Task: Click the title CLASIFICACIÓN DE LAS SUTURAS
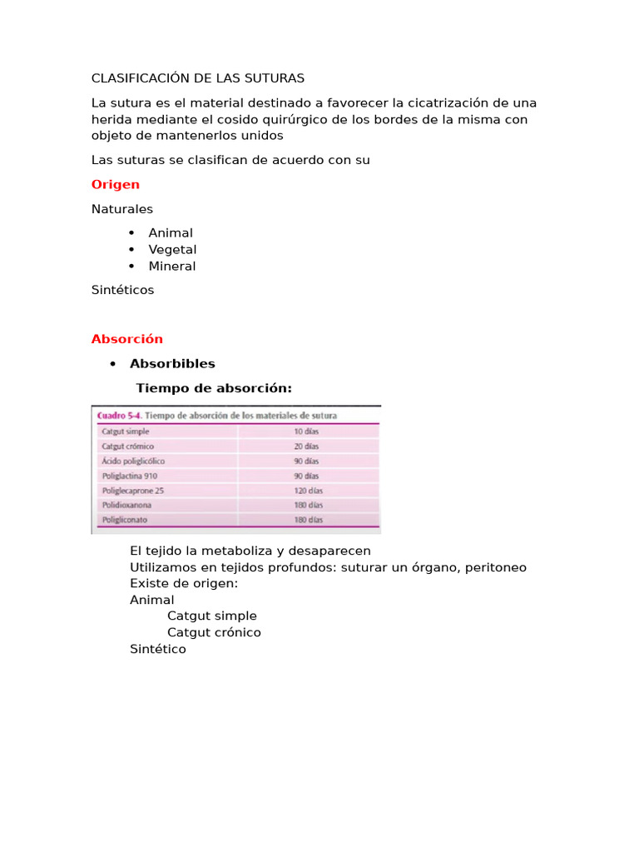click(x=198, y=78)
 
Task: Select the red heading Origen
click(x=116, y=184)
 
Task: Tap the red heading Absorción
click(x=127, y=339)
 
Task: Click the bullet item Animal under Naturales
click(x=171, y=233)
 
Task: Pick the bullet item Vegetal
click(x=172, y=249)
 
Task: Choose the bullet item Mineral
click(x=172, y=266)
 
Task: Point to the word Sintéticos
click(x=123, y=290)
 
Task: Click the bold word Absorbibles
click(x=172, y=363)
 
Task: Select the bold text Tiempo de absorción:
click(x=214, y=388)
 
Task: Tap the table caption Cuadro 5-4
click(x=119, y=415)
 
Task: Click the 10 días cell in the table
click(x=305, y=431)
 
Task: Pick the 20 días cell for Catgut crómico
click(x=305, y=446)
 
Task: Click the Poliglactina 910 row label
click(x=129, y=476)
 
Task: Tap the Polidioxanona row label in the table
click(x=126, y=506)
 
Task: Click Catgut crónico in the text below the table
click(x=214, y=632)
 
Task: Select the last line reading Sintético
click(x=158, y=649)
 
